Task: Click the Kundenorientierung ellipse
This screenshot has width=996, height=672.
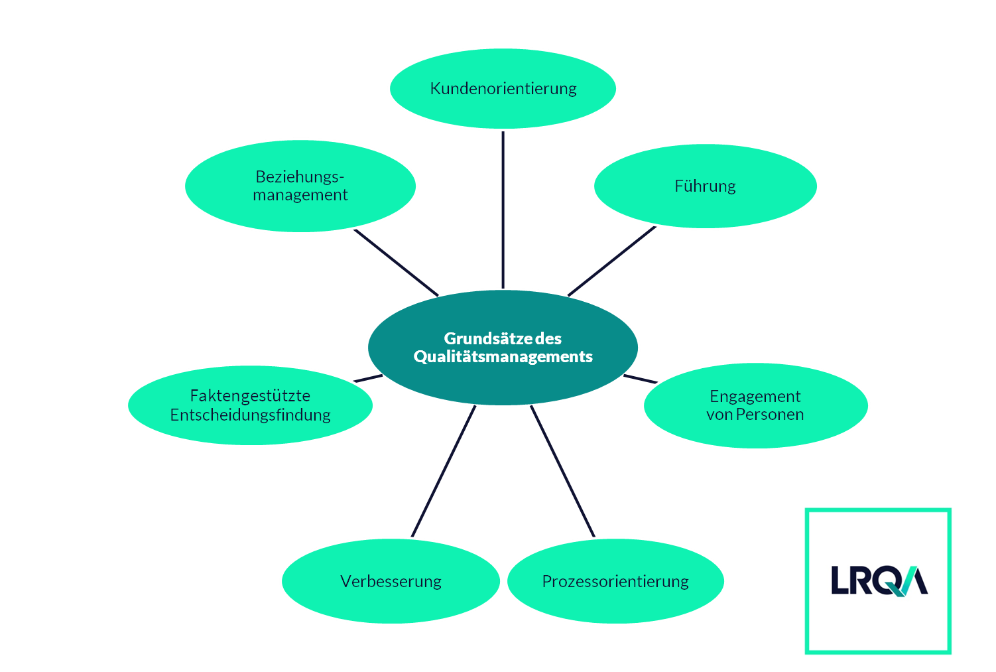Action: coord(503,88)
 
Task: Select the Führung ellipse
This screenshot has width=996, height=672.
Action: coord(705,186)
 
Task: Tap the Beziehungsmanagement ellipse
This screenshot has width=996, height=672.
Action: coord(300,186)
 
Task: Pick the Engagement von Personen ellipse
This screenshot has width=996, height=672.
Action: coord(755,405)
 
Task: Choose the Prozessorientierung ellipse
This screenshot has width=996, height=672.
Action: coord(615,581)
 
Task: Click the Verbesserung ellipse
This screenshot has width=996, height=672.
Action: coord(391,581)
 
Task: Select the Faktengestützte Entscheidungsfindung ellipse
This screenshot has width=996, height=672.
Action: coord(250,405)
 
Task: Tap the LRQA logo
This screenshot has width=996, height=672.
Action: coord(879,581)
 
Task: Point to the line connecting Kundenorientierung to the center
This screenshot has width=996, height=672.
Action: coord(503,209)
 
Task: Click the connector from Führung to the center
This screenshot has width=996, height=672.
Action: coord(611,261)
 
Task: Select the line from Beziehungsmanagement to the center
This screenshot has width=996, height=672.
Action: coord(396,263)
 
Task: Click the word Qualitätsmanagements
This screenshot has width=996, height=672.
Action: coord(503,357)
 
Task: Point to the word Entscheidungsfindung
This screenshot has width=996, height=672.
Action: coord(250,415)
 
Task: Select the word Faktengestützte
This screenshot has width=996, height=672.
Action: coord(250,396)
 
